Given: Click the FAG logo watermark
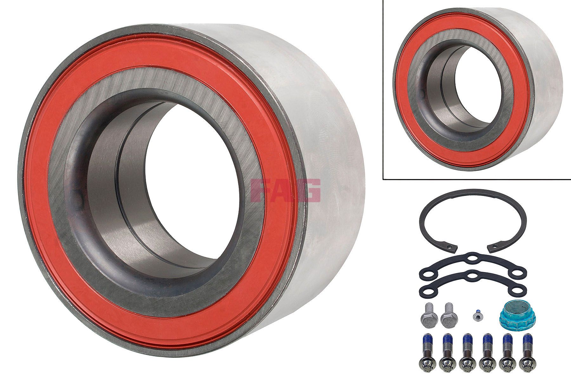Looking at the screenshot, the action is tap(285, 191).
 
